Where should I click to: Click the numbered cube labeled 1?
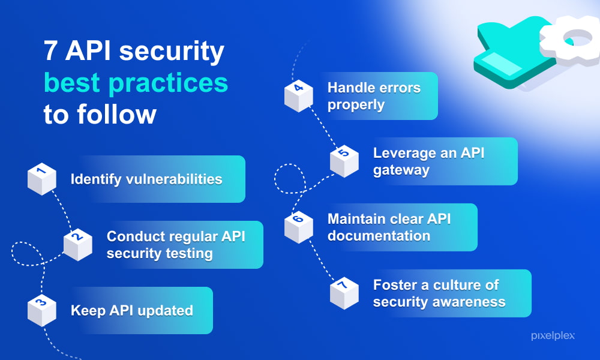point(42,179)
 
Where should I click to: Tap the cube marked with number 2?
point(77,245)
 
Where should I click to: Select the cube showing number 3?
point(42,310)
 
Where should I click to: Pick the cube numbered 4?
point(299,96)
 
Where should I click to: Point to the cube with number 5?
point(344,161)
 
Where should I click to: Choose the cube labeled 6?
point(299,227)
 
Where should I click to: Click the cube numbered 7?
point(344,293)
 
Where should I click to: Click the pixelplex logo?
point(553,336)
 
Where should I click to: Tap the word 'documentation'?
point(379,236)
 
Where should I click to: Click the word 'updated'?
point(166,311)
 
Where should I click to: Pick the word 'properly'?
point(356,105)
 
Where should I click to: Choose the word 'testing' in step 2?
point(187,254)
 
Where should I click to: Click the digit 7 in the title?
point(51,51)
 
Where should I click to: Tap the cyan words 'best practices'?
point(136,83)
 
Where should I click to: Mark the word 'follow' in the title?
point(117,114)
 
